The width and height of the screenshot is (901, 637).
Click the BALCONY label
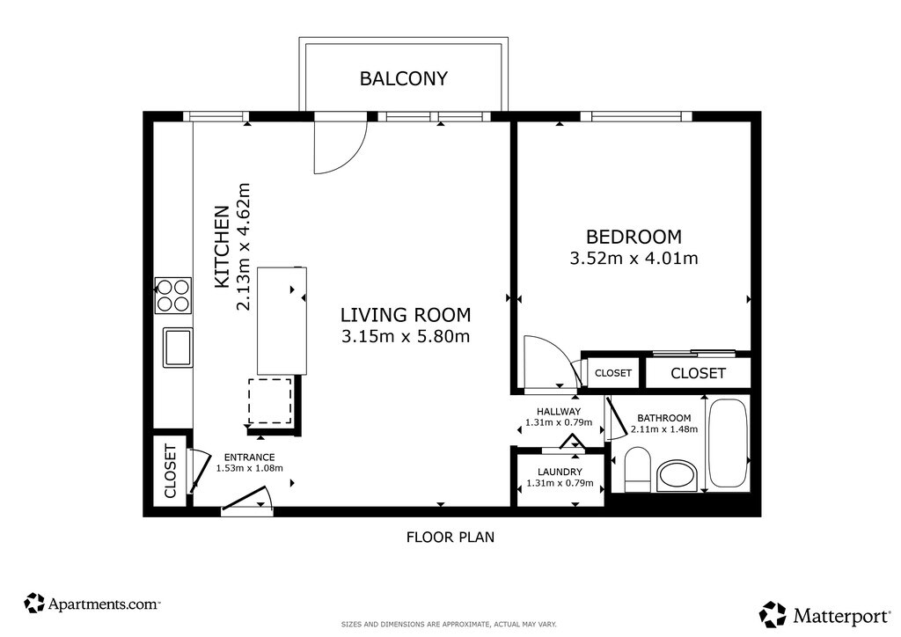pyautogui.click(x=403, y=78)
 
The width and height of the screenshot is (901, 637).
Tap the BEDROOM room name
pyautogui.click(x=634, y=237)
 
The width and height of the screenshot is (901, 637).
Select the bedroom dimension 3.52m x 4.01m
pyautogui.click(x=634, y=259)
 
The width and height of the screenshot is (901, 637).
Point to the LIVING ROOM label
pyautogui.click(x=406, y=315)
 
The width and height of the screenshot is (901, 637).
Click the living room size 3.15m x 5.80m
pyautogui.click(x=406, y=336)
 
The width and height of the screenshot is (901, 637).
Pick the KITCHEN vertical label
pyautogui.click(x=222, y=247)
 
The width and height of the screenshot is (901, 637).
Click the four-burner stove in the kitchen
pyautogui.click(x=173, y=296)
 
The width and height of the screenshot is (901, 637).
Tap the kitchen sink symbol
pyautogui.click(x=178, y=347)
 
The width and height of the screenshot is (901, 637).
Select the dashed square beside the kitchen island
pyautogui.click(x=270, y=401)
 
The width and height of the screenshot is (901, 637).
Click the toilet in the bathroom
pyautogui.click(x=637, y=469)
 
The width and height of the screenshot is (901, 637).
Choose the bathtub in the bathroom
pyautogui.click(x=727, y=443)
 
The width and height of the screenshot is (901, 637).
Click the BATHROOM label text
pyautogui.click(x=663, y=418)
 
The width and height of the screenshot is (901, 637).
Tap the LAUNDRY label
pyautogui.click(x=560, y=472)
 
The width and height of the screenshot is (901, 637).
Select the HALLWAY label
pyautogui.click(x=559, y=412)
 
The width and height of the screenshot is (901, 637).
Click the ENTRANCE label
pyautogui.click(x=249, y=458)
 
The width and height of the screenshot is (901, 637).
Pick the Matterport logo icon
pyautogui.click(x=773, y=615)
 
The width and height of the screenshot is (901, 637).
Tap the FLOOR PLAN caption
pyautogui.click(x=450, y=537)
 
